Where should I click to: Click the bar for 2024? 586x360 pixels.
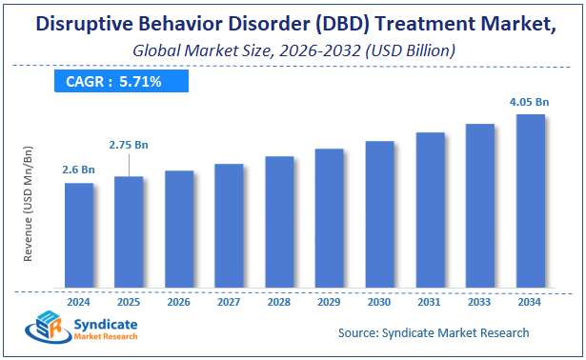pyautogui.click(x=79, y=236)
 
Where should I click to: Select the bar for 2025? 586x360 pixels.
pyautogui.click(x=129, y=232)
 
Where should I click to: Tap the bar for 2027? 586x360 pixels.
pyautogui.click(x=229, y=227)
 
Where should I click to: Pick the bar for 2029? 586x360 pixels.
pyautogui.click(x=329, y=219)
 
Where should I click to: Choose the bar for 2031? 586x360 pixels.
pyautogui.click(x=430, y=210)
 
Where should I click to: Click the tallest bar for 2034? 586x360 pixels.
pyautogui.click(x=530, y=202)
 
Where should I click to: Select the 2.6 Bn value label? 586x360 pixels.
pyautogui.click(x=79, y=170)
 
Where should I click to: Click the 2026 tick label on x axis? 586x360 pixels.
pyautogui.click(x=179, y=301)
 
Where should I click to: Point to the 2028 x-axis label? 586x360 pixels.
pyautogui.click(x=279, y=301)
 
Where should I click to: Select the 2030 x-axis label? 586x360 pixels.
pyautogui.click(x=379, y=301)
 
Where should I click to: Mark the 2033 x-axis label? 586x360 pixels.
pyautogui.click(x=480, y=301)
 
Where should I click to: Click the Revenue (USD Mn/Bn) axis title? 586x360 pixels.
pyautogui.click(x=29, y=206)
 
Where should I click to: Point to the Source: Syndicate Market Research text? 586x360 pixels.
pyautogui.click(x=434, y=332)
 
